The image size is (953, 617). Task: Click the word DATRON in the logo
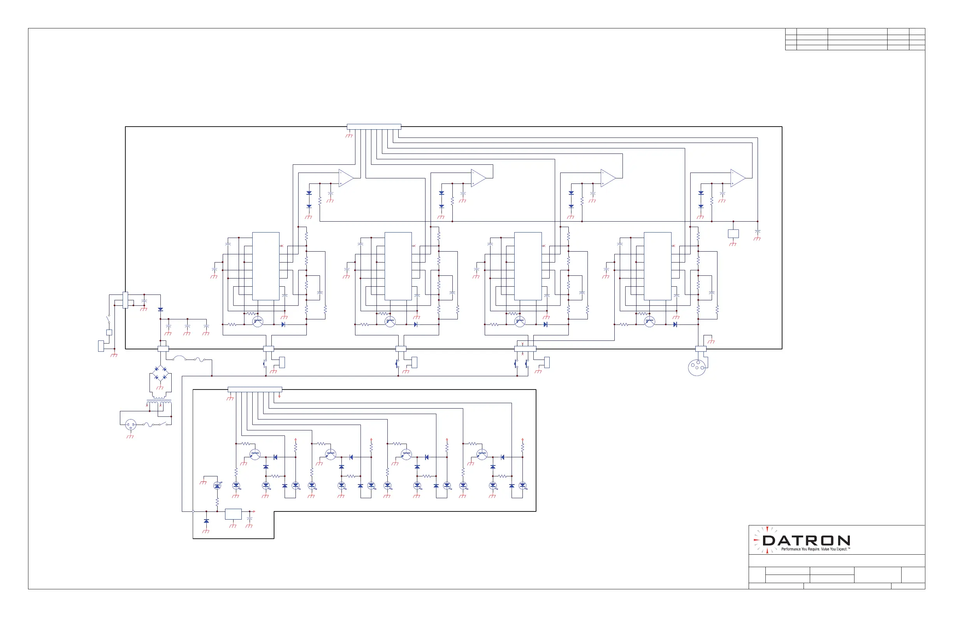pyautogui.click(x=805, y=541)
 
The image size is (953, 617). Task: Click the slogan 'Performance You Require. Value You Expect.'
pyautogui.click(x=815, y=549)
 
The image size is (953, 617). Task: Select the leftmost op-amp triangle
pyautogui.click(x=345, y=178)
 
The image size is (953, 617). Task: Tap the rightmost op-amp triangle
pyautogui.click(x=737, y=178)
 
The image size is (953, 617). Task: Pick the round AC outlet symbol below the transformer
pyautogui.click(x=130, y=424)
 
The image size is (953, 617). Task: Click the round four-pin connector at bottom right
pyautogui.click(x=697, y=367)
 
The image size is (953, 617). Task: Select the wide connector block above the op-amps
pyautogui.click(x=374, y=127)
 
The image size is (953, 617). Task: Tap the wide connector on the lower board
pyautogui.click(x=255, y=390)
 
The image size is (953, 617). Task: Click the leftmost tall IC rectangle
pyautogui.click(x=266, y=266)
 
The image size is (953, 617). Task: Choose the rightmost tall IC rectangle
pyautogui.click(x=658, y=266)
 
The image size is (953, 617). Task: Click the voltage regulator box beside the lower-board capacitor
pyautogui.click(x=233, y=514)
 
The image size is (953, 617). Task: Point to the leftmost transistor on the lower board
pyautogui.click(x=255, y=454)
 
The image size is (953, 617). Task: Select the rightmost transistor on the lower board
pyautogui.click(x=482, y=454)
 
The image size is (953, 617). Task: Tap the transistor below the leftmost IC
pyautogui.click(x=258, y=321)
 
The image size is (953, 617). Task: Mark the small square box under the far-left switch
pyautogui.click(x=109, y=332)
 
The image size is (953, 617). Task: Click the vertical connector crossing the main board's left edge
pyautogui.click(x=125, y=300)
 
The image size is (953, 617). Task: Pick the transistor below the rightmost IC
pyautogui.click(x=649, y=321)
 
